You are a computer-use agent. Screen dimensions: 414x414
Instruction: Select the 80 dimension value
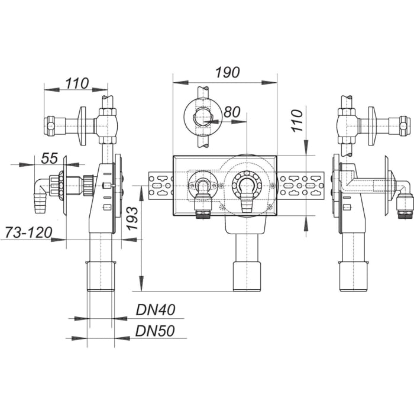tap(232, 112)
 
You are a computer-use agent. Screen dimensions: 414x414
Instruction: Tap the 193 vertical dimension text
tap(134, 220)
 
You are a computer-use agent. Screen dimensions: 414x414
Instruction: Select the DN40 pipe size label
tap(155, 309)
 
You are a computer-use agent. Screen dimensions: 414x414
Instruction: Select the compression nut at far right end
tap(403, 125)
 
